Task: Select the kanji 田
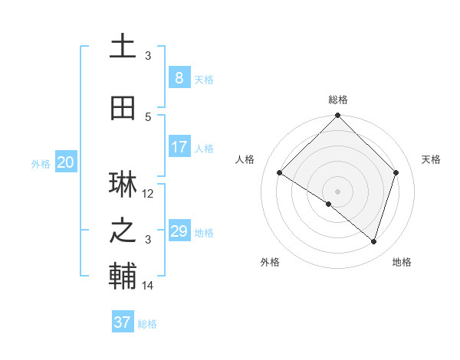point(123,109)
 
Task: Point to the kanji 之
point(123,231)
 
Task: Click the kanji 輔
point(123,277)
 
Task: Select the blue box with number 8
point(179,78)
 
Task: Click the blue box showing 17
point(179,147)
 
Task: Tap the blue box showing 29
point(179,231)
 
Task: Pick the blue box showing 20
point(65,162)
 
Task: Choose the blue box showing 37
point(123,322)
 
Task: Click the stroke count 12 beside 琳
point(148,194)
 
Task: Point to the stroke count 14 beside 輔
point(148,286)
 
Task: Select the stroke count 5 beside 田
point(148,116)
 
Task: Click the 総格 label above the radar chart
point(337,100)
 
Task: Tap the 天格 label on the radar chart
point(431,159)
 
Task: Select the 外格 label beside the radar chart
point(270,262)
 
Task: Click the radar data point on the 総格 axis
point(337,116)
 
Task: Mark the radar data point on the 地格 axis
point(373,241)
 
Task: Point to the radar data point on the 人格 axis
point(280,173)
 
